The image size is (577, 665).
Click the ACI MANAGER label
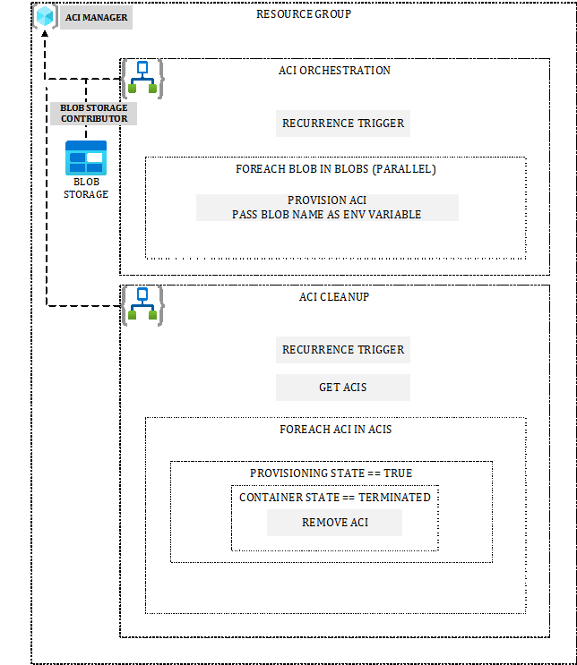click(97, 18)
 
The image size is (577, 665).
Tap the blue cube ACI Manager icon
click(46, 16)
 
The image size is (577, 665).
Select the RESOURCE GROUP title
click(304, 14)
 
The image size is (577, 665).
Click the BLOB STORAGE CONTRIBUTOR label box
click(94, 113)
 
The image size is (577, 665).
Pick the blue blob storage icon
click(86, 158)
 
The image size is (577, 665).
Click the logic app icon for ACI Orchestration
click(142, 77)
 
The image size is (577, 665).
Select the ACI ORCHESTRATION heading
click(334, 71)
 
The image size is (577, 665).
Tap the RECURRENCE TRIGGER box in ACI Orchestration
click(343, 124)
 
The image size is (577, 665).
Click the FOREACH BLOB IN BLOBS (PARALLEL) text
click(335, 169)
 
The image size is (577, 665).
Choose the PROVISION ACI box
click(327, 208)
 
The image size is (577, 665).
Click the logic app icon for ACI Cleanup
click(142, 305)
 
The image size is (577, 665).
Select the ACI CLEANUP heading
click(334, 297)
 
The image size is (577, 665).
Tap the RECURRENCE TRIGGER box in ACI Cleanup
click(343, 350)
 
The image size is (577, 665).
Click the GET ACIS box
click(343, 388)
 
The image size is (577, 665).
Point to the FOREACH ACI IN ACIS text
click(335, 430)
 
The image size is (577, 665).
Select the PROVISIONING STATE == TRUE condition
click(331, 473)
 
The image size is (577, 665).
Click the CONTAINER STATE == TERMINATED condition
click(334, 498)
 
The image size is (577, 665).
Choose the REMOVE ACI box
click(334, 523)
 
